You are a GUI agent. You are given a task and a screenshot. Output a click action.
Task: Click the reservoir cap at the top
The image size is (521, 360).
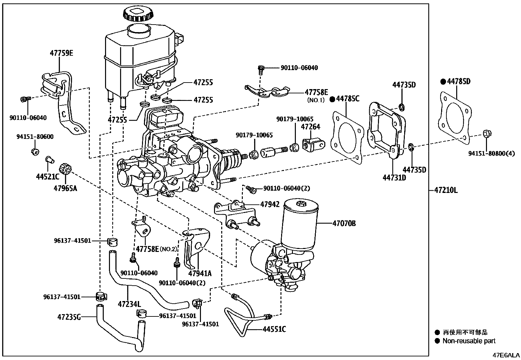[138, 13]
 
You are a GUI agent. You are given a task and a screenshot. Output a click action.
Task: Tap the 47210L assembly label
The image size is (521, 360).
[446, 190]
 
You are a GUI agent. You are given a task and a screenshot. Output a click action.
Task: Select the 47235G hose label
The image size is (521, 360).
[69, 317]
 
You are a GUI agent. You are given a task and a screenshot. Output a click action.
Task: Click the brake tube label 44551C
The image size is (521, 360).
[274, 329]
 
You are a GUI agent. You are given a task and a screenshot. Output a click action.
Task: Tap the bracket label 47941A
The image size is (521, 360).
[200, 273]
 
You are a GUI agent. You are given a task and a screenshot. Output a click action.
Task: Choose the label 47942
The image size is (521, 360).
[270, 204]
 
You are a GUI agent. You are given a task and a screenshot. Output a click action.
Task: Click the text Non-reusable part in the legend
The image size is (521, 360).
[469, 341]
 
